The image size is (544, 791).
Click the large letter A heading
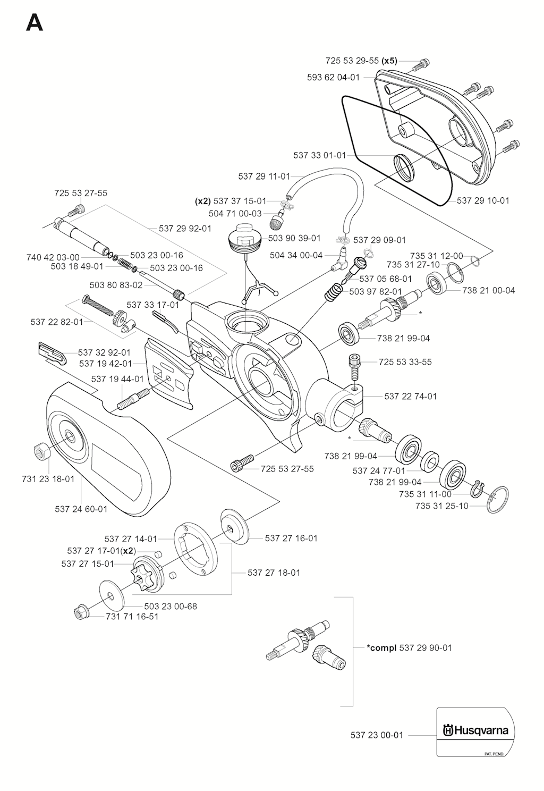pos(35,23)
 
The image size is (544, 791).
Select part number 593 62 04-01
pos(333,77)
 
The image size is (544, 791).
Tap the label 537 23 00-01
pos(377,735)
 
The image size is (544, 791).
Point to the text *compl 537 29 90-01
pos(409,647)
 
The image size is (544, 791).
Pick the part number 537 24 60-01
pos(81,509)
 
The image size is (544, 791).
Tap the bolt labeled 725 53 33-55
pos(354,365)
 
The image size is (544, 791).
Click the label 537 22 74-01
pos(411,396)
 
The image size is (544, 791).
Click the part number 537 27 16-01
pos(291,538)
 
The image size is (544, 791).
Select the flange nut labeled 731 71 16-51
pos(81,614)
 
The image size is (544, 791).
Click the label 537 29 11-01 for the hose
pos(264,176)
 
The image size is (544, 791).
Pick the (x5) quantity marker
pos(389,61)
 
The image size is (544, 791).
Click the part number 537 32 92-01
pos(104,352)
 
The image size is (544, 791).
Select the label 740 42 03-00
pos(53,257)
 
